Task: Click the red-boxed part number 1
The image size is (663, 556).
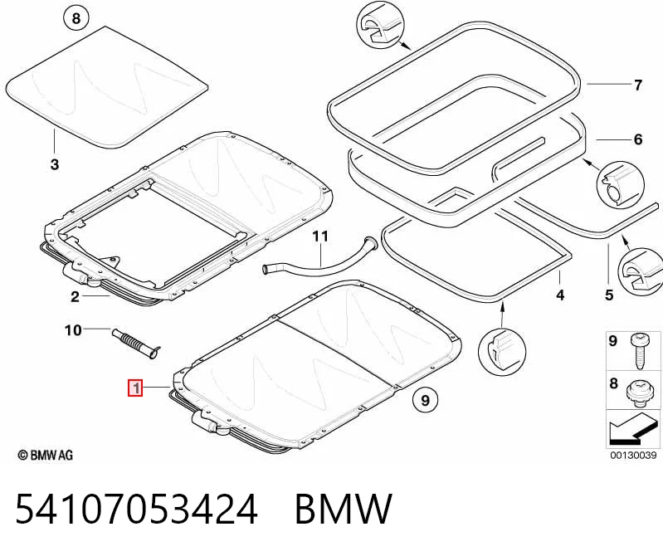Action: click(x=136, y=388)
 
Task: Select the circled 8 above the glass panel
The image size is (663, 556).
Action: click(x=76, y=18)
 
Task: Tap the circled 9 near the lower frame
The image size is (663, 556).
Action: click(x=426, y=400)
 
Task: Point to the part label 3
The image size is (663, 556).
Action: click(x=55, y=164)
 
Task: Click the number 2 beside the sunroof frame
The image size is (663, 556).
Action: click(x=75, y=297)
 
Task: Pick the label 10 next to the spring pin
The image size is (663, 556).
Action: click(x=73, y=329)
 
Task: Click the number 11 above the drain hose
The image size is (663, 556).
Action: click(x=320, y=236)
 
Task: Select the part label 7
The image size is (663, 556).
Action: click(x=638, y=85)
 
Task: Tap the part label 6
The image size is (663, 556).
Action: click(x=638, y=139)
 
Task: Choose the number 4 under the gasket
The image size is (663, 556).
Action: click(x=560, y=295)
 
